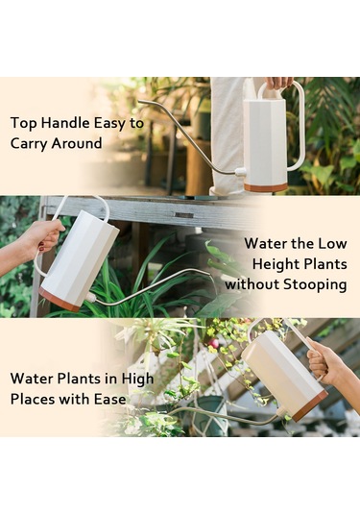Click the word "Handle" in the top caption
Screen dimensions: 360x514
point(66,123)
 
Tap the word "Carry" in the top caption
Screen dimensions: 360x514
point(29,144)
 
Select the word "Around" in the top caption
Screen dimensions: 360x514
point(77,143)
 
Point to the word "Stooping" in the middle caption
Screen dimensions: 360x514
point(315,284)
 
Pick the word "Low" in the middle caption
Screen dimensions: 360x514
point(332,244)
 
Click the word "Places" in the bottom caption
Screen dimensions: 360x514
point(32,399)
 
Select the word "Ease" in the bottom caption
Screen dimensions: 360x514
point(110,400)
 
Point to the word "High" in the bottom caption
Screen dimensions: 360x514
point(137,379)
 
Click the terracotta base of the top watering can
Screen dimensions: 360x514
point(265,187)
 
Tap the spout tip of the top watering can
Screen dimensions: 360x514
point(140,101)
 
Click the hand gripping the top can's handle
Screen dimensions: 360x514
point(278,83)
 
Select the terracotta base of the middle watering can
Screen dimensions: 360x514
point(60,300)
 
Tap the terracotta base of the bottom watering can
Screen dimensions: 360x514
point(310,406)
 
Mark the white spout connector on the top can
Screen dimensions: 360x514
point(240,171)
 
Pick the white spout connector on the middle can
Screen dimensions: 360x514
point(91,297)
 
